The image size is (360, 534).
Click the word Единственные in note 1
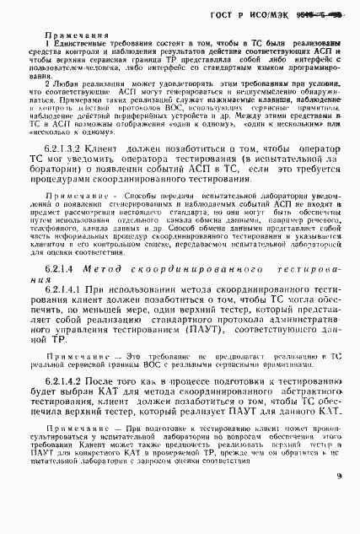pos(88,49)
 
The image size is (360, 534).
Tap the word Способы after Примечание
pos(133,217)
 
